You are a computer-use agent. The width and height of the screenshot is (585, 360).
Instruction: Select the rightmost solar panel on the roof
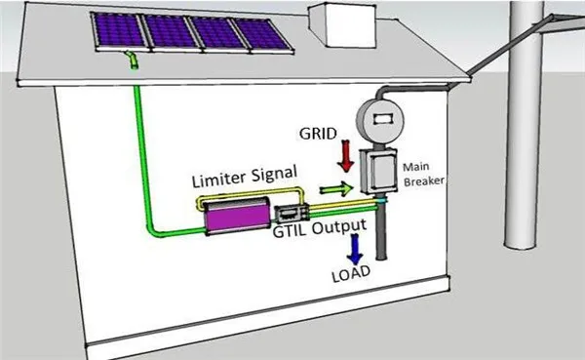[x=258, y=36]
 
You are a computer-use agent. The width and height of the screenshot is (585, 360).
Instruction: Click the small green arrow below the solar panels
[x=133, y=62]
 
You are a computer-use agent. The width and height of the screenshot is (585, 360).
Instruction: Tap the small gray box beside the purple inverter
[x=289, y=214]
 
